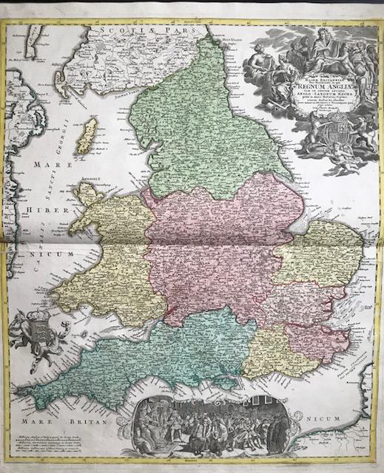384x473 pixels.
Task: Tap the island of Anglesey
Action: point(92,193)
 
